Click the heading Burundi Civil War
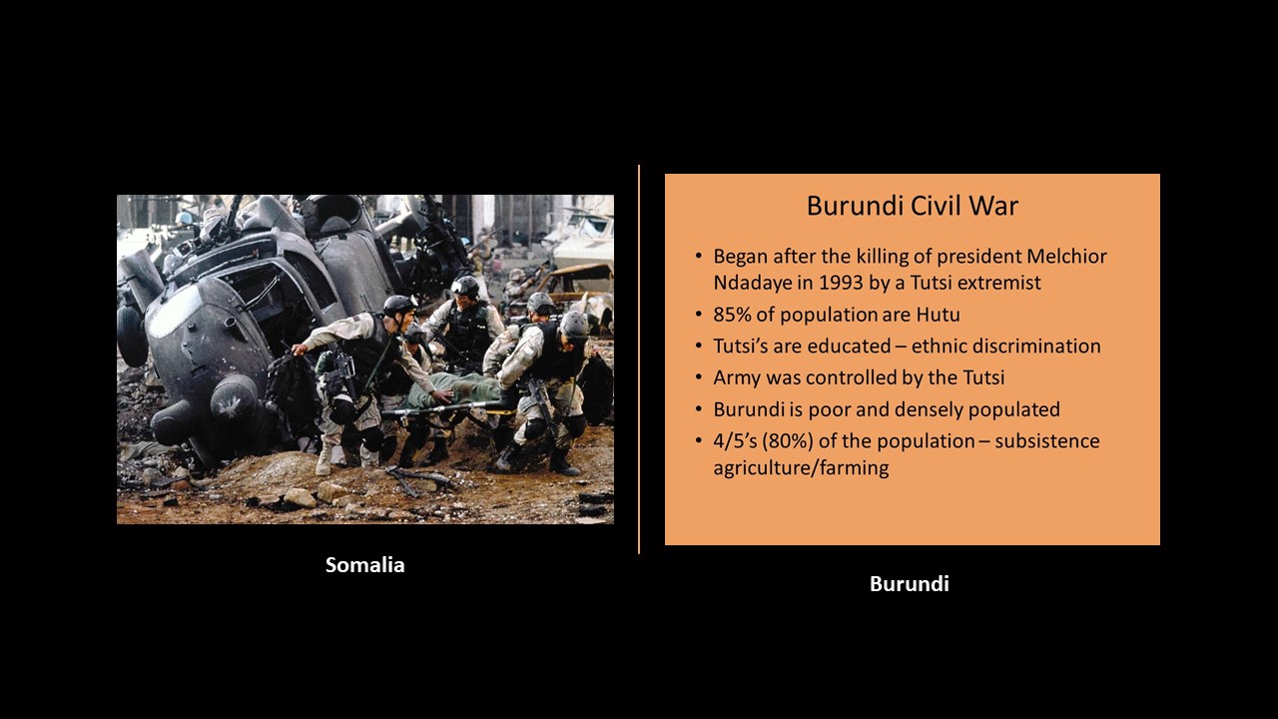(x=913, y=206)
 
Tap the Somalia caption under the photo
(x=365, y=565)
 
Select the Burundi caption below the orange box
(x=910, y=584)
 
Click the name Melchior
(x=1067, y=257)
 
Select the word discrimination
(x=1036, y=346)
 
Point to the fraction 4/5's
(x=735, y=441)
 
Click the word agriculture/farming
(x=801, y=468)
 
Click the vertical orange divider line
(x=639, y=359)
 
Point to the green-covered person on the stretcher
(x=456, y=389)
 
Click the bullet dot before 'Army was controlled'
(x=699, y=378)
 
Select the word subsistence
(x=1047, y=441)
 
